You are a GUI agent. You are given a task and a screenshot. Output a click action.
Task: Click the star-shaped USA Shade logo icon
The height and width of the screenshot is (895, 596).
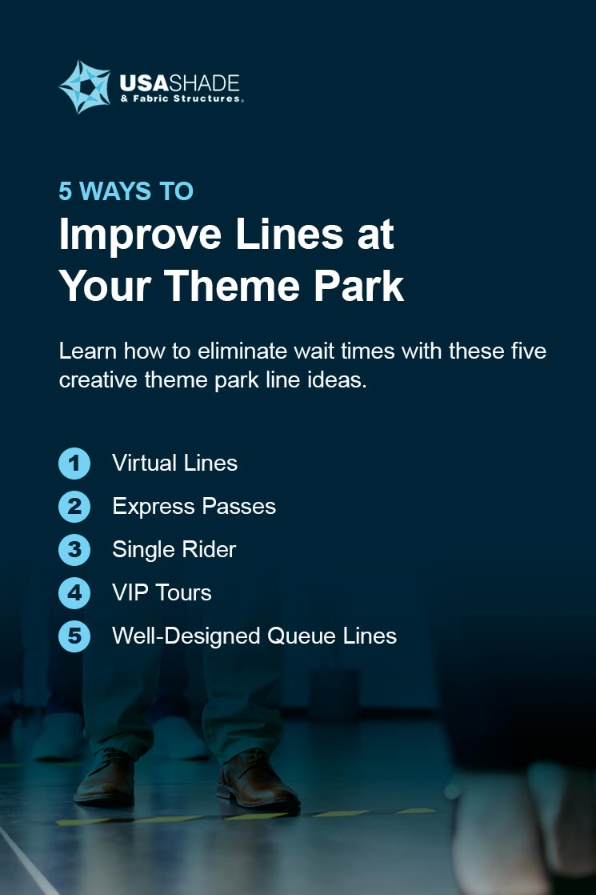[85, 87]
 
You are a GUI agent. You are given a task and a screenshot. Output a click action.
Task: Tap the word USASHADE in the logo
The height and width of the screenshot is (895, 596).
[180, 83]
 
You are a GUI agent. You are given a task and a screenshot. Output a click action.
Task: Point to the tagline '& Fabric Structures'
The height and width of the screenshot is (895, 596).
[182, 98]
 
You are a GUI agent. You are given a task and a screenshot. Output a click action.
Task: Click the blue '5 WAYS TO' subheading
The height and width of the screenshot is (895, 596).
[126, 191]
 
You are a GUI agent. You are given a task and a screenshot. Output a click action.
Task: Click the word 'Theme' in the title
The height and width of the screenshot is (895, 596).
[232, 286]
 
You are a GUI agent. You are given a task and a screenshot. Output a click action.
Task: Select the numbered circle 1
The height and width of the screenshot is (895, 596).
[74, 464]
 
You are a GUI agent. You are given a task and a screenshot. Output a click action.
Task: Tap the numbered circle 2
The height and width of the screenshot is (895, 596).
[74, 507]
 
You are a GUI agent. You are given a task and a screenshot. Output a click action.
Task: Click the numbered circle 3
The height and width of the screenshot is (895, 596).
[74, 550]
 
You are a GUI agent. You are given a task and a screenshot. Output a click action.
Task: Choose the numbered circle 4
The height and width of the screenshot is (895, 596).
[74, 593]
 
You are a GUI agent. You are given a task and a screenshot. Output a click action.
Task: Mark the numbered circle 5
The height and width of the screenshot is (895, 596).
[74, 636]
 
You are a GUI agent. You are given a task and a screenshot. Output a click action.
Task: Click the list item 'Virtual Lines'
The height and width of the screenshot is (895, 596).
[174, 463]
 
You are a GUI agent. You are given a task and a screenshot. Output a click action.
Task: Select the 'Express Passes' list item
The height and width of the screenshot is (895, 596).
[194, 507]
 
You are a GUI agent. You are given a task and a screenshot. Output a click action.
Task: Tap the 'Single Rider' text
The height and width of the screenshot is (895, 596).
[174, 550]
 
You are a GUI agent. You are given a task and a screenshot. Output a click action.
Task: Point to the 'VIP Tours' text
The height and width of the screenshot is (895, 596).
[162, 593]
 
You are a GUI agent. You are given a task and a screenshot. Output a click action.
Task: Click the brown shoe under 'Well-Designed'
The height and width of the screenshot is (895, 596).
[105, 777]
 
